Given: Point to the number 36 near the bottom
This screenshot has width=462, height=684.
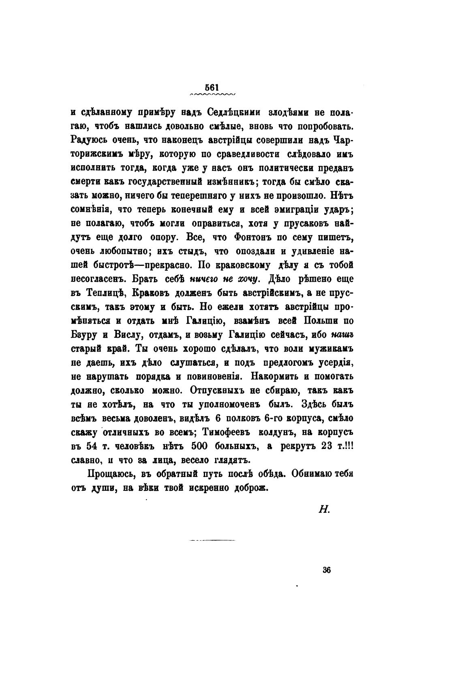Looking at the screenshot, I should click(x=327, y=570).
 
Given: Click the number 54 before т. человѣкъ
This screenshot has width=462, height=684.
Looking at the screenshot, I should click(x=92, y=446).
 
